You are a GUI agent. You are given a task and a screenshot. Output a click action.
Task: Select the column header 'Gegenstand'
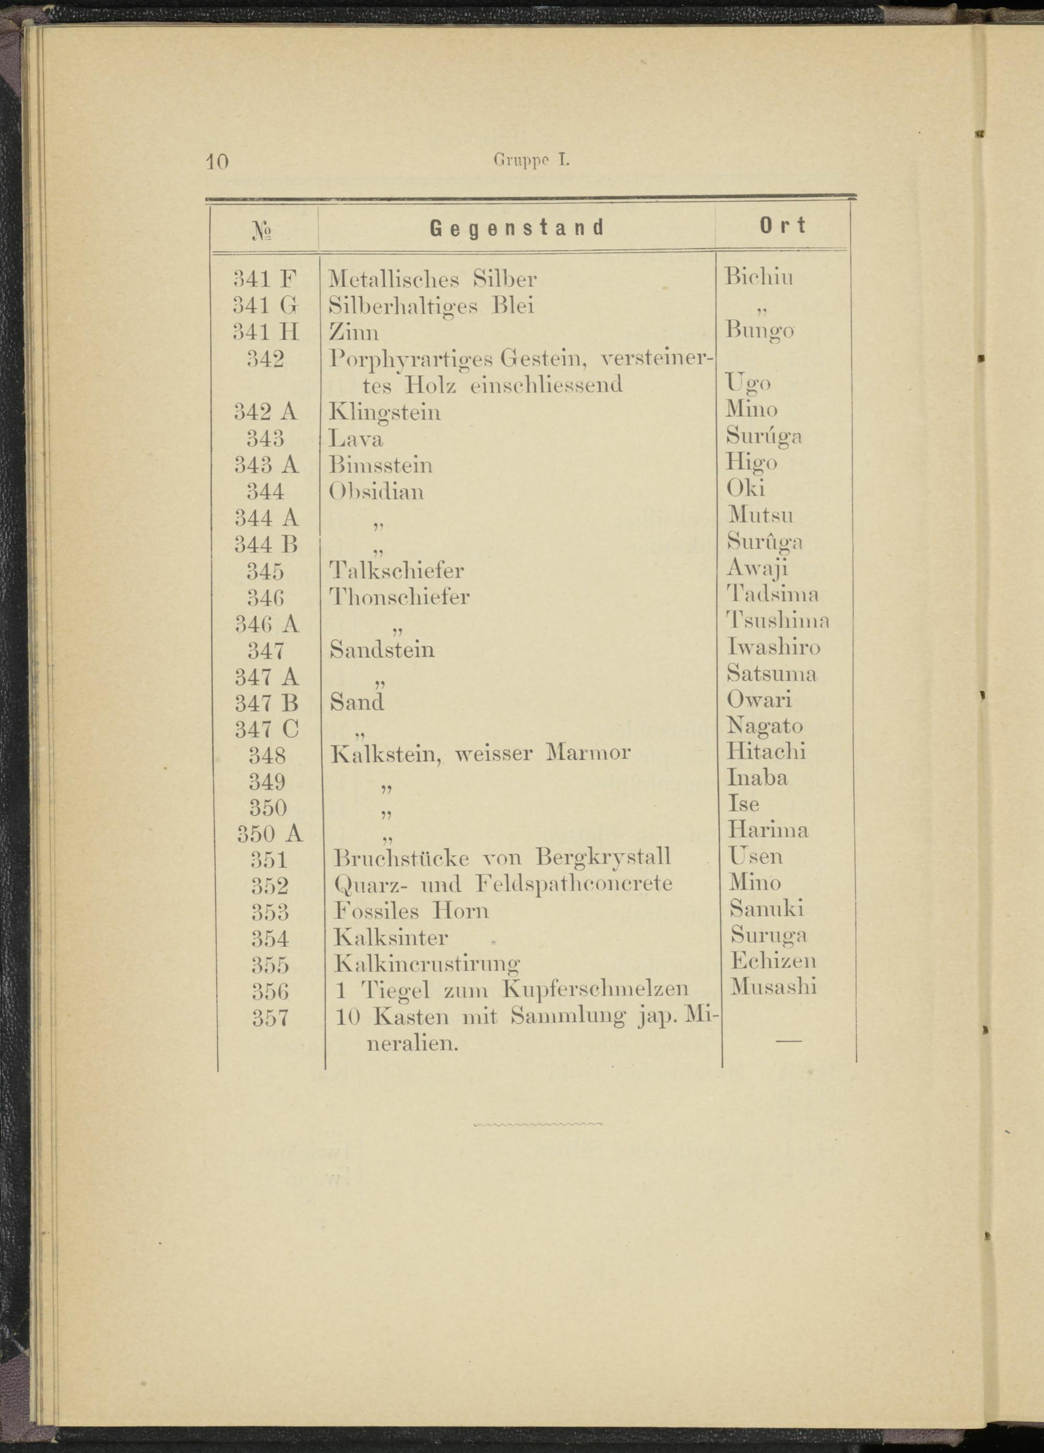pyautogui.click(x=517, y=227)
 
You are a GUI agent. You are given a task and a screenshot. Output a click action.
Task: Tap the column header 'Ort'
pyautogui.click(x=782, y=226)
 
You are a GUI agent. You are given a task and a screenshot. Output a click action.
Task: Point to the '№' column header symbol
pyautogui.click(x=264, y=231)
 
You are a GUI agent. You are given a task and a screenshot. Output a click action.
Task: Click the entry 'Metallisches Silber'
pyautogui.click(x=432, y=279)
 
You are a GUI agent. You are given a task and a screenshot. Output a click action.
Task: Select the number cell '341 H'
pyautogui.click(x=266, y=331)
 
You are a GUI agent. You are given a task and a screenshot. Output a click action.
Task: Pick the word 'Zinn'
pyautogui.click(x=353, y=332)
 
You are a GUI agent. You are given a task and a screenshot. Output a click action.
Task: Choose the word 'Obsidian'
pyautogui.click(x=376, y=491)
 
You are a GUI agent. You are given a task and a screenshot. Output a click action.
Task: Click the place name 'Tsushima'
pyautogui.click(x=778, y=621)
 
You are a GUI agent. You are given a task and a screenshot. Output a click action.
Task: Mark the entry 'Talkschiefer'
pyautogui.click(x=397, y=570)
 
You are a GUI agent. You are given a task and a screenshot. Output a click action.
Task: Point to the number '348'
pyautogui.click(x=267, y=755)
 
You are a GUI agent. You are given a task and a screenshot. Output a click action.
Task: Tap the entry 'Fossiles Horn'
pyautogui.click(x=411, y=910)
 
